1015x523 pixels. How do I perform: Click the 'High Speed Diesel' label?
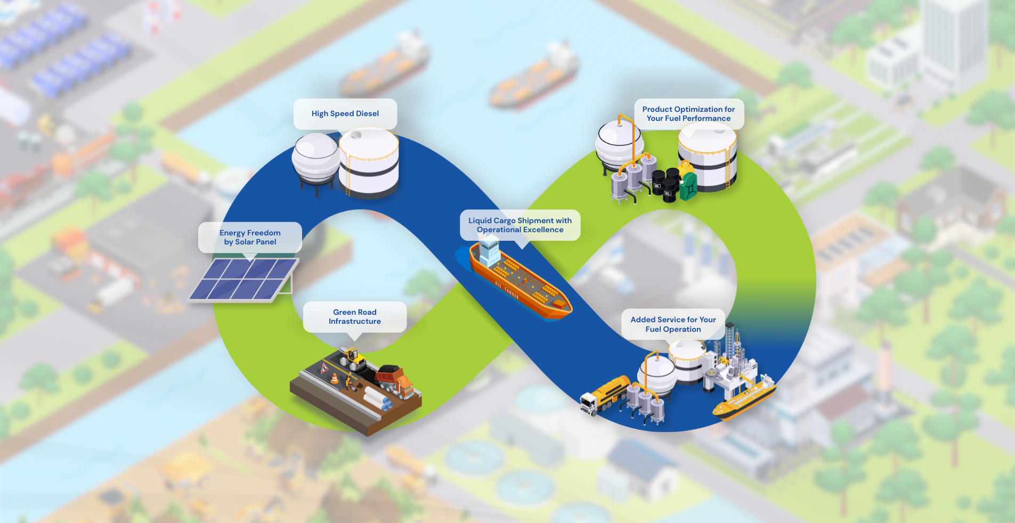pyautogui.click(x=345, y=113)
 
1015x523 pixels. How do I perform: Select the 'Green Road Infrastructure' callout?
pyautogui.click(x=355, y=317)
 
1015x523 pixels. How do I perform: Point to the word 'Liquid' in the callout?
pyautogui.click(x=480, y=220)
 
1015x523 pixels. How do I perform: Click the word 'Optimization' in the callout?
pyautogui.click(x=697, y=109)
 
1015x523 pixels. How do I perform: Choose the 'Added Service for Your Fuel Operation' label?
pyautogui.click(x=673, y=324)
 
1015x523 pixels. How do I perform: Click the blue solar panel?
pyautogui.click(x=243, y=280)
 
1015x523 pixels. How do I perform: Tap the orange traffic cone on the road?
pyautogui.click(x=334, y=379)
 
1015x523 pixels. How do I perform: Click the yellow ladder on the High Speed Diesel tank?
pyautogui.click(x=347, y=176)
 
